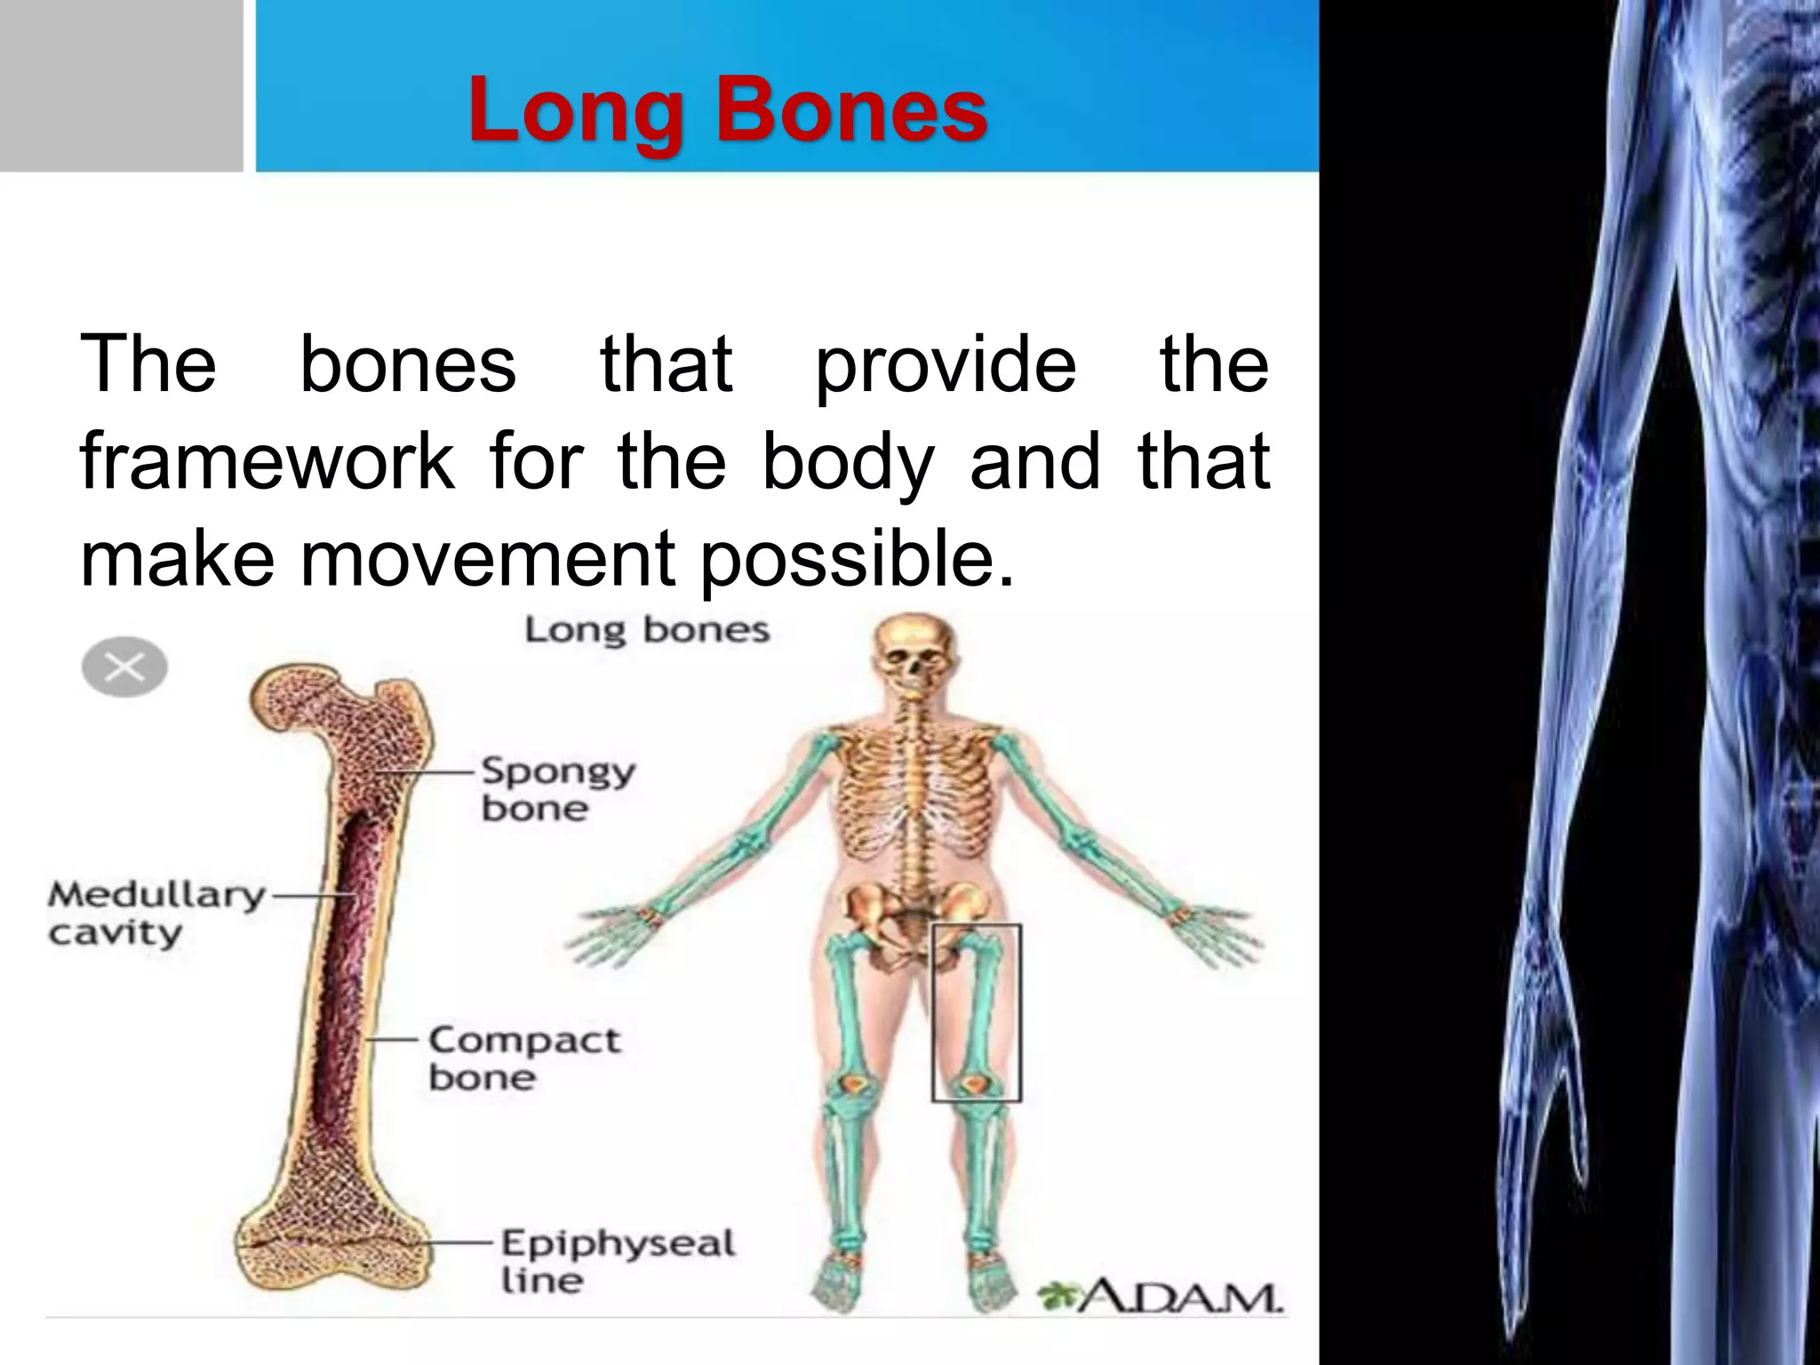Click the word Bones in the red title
click(851, 110)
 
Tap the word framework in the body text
click(267, 461)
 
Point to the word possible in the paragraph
click(857, 560)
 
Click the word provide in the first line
click(946, 365)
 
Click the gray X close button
click(124, 667)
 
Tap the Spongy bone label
click(558, 789)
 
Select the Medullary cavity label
click(156, 913)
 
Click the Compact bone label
click(524, 1058)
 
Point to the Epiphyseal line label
click(618, 1260)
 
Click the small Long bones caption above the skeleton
click(646, 630)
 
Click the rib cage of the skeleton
click(915, 791)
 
